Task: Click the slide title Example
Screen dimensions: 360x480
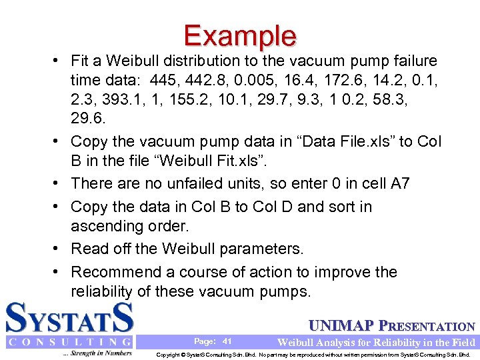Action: pos(240,35)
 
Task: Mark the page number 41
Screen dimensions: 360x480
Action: pos(227,341)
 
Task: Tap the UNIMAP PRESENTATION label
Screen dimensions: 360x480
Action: pos(392,327)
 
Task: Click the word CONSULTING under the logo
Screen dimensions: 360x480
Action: pos(69,342)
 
